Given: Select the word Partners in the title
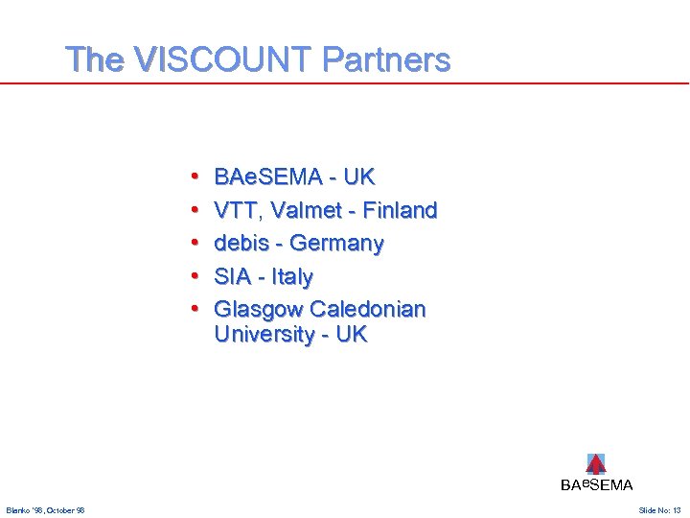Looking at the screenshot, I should pyautogui.click(x=386, y=60).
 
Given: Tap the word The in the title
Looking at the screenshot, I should pyautogui.click(x=95, y=60).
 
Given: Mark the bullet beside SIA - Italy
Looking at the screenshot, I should pyautogui.click(x=195, y=277).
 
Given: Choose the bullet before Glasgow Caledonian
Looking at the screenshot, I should pyautogui.click(x=195, y=310).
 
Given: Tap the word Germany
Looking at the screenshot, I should pyautogui.click(x=336, y=244).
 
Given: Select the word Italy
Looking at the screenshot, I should pyautogui.click(x=291, y=277).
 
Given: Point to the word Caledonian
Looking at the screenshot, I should pyautogui.click(x=368, y=310).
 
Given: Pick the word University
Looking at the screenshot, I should pyautogui.click(x=264, y=335).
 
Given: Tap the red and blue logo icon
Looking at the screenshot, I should pyautogui.click(x=596, y=464).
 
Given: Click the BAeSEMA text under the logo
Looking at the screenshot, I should pyautogui.click(x=596, y=485).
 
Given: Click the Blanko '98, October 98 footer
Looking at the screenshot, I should pyautogui.click(x=45, y=509).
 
